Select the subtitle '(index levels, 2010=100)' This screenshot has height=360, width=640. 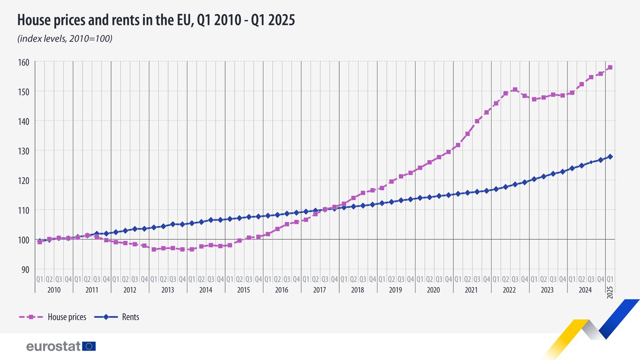65,39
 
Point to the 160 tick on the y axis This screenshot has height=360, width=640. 23,62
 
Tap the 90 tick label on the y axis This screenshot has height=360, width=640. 25,270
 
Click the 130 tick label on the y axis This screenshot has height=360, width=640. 23,151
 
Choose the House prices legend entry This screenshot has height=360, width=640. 52,317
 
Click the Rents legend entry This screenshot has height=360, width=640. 117,317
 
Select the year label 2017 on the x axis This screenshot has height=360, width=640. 319,290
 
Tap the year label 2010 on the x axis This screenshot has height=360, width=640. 54,290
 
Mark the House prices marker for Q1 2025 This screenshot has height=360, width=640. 610,67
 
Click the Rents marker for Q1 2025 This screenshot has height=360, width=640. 610,157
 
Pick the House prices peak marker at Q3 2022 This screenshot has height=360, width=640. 515,90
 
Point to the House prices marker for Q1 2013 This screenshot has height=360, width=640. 154,249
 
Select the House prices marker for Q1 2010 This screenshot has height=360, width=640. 40,242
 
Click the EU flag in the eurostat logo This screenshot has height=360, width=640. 89,346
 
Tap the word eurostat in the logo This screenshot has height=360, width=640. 53,347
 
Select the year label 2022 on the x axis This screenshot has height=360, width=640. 509,290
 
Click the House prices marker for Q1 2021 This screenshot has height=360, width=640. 458,145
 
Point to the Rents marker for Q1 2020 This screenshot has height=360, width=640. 420,198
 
